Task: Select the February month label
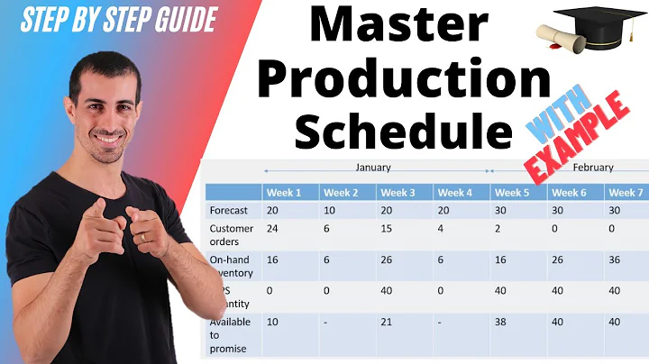coord(592,168)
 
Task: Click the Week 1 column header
coord(284,192)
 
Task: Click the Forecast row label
coord(228,210)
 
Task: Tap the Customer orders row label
coord(232,234)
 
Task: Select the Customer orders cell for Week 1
coord(272,228)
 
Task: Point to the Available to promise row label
coord(231,334)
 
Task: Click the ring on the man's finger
coord(142,237)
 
